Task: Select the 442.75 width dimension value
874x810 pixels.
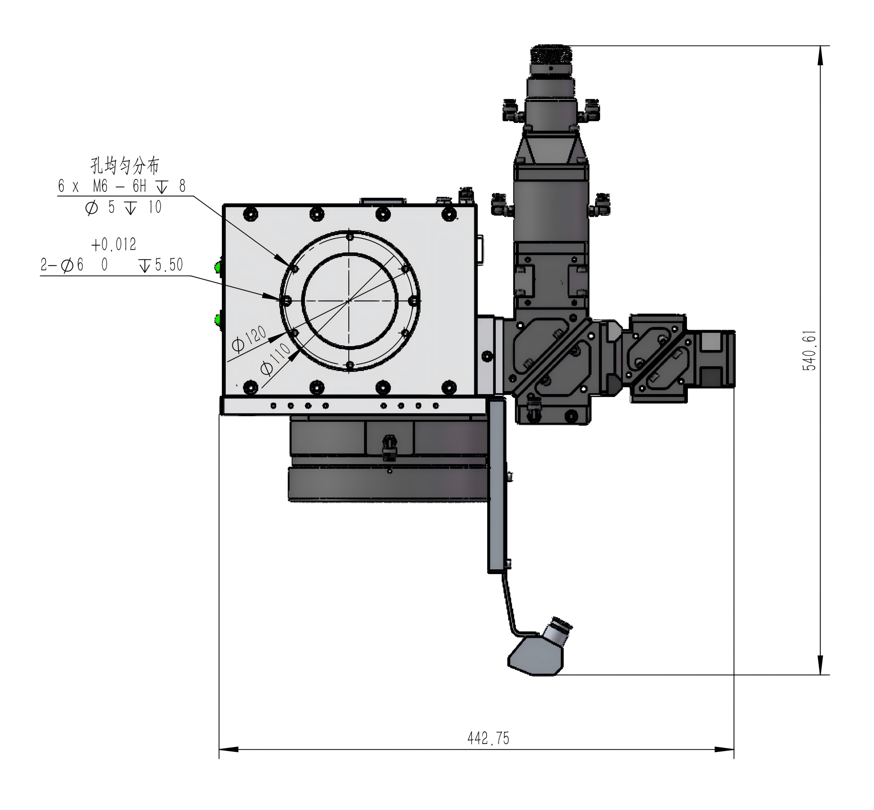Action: pyautogui.click(x=488, y=738)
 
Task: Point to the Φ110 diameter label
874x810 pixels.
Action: pyautogui.click(x=275, y=359)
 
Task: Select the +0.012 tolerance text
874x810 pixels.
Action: pyautogui.click(x=113, y=244)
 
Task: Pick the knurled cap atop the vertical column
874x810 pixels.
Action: pyautogui.click(x=551, y=54)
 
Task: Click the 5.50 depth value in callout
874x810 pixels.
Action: pyautogui.click(x=169, y=265)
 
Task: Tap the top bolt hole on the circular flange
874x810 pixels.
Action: pyautogui.click(x=350, y=237)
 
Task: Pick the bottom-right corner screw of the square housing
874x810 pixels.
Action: pyautogui.click(x=449, y=387)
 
